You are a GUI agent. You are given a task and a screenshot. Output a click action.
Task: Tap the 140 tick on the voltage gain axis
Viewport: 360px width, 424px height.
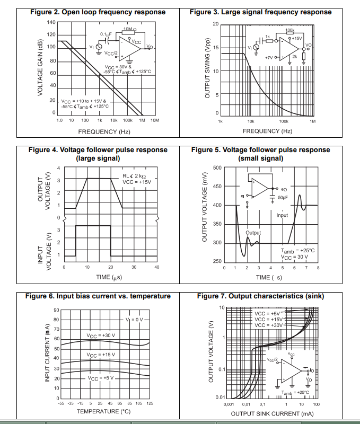click(x=51, y=22)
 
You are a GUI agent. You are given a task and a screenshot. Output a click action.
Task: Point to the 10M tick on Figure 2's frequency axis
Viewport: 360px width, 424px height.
click(x=155, y=121)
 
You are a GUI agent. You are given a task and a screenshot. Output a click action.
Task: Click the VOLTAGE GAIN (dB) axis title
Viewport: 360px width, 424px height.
click(x=40, y=67)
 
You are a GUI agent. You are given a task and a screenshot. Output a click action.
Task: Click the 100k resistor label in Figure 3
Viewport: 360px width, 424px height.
click(x=289, y=30)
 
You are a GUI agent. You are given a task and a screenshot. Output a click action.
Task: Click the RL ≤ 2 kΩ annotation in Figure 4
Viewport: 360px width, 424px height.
click(x=134, y=175)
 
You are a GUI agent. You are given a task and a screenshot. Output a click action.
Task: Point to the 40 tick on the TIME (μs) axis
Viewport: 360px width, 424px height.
click(x=156, y=267)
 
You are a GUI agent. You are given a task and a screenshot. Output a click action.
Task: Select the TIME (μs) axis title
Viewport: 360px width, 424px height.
click(x=111, y=277)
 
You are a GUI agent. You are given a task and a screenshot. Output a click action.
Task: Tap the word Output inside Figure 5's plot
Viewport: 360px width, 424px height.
click(x=253, y=233)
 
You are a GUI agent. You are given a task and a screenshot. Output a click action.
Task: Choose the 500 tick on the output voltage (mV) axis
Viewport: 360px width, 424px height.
click(x=217, y=168)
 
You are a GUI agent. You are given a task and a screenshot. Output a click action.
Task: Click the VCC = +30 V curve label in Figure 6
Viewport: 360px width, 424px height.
click(x=101, y=335)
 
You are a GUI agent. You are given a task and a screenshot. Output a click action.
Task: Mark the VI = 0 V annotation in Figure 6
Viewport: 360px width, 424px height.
click(x=135, y=320)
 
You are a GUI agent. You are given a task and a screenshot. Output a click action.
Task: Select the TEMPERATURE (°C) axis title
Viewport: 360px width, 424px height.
click(x=104, y=411)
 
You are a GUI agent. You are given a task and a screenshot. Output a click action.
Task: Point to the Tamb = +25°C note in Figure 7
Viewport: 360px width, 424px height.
click(x=292, y=393)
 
